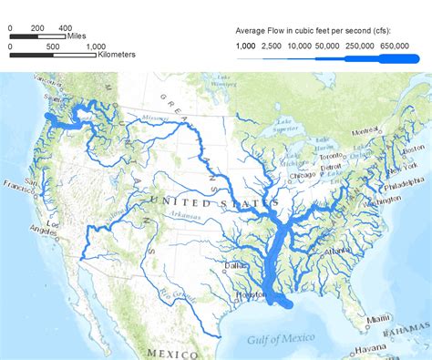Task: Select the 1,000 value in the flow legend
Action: [245, 46]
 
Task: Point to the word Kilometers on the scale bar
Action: [118, 55]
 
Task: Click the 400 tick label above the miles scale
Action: [65, 28]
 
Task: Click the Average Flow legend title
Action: [318, 27]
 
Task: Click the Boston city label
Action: [413, 149]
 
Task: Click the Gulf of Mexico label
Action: [280, 340]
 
